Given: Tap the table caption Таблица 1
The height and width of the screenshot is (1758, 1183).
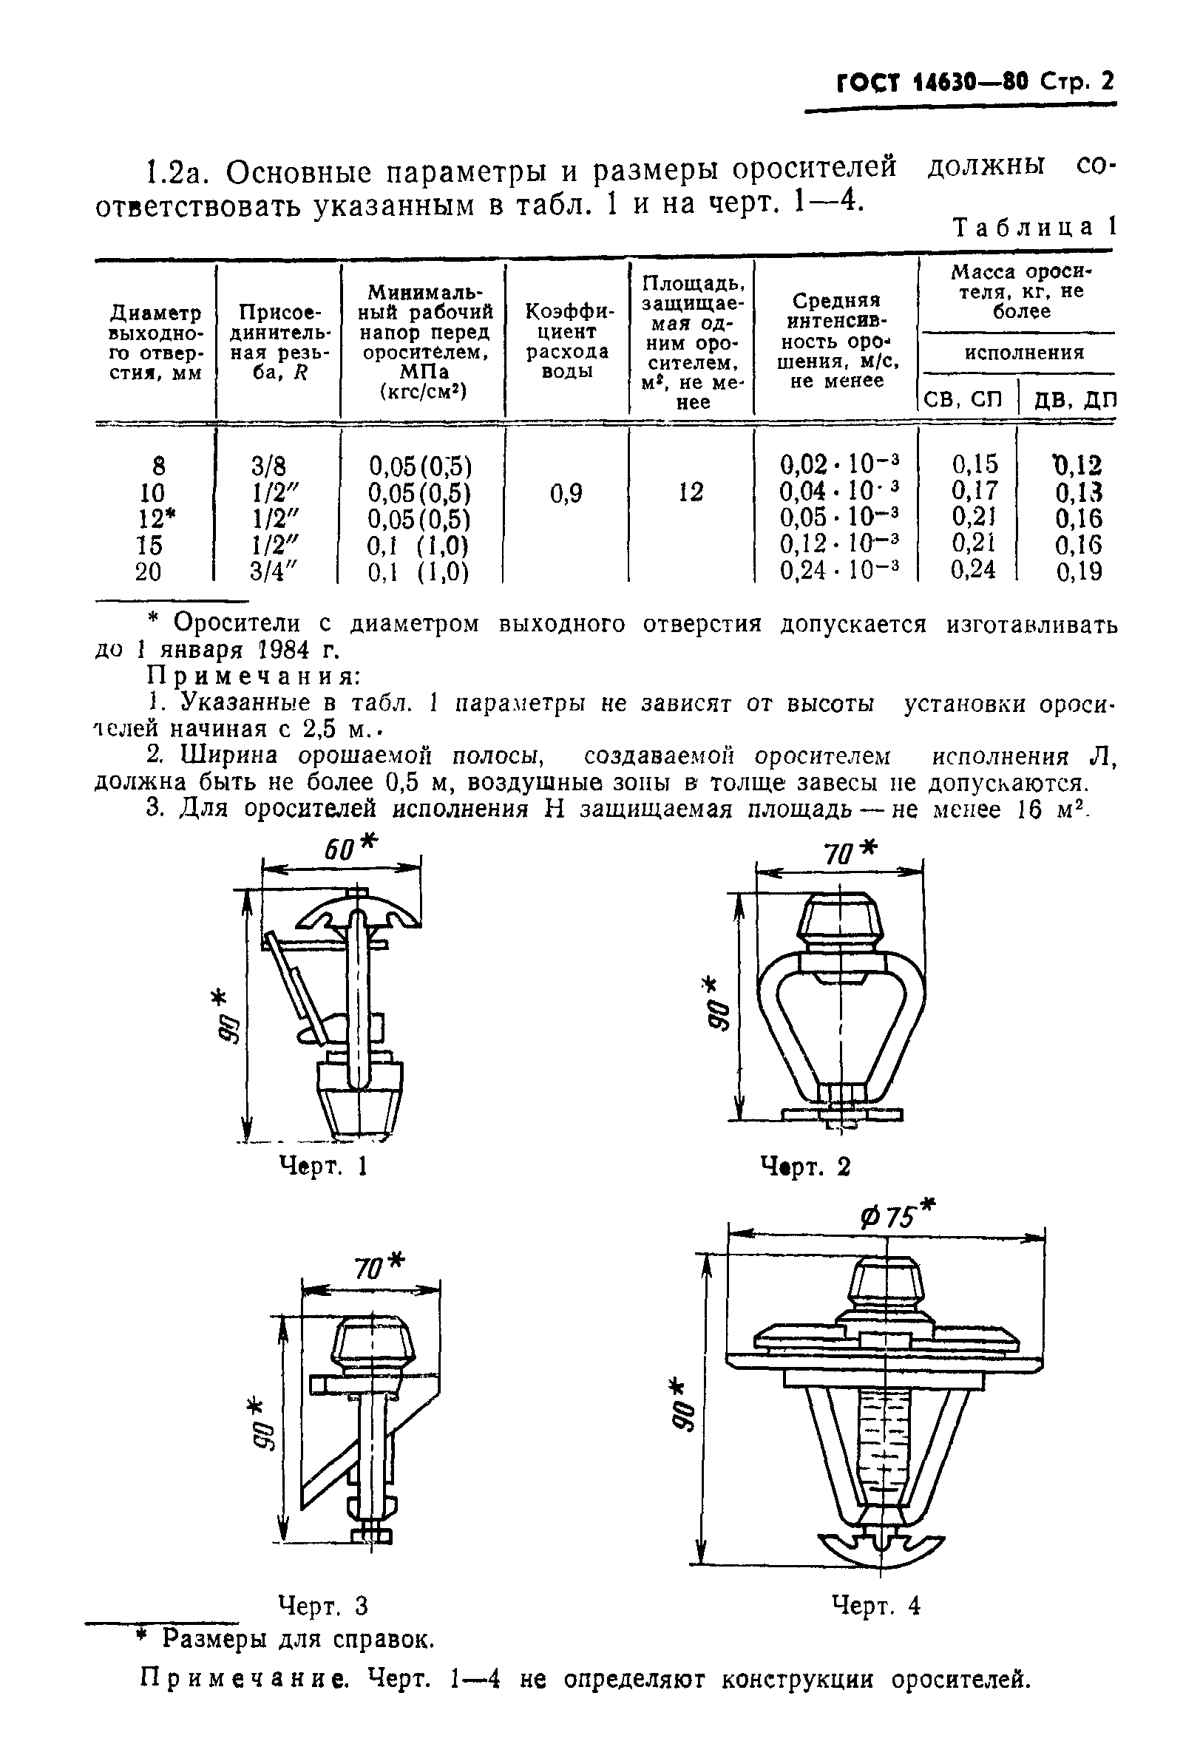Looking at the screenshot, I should tap(1034, 228).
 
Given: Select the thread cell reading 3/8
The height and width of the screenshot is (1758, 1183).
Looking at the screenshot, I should tap(268, 465).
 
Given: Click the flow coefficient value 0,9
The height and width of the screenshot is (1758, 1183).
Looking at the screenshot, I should tap(566, 494).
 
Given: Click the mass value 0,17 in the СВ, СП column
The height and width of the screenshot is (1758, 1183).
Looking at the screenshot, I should tap(974, 492).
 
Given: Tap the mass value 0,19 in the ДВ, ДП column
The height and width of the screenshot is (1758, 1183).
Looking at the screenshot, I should tap(1078, 572).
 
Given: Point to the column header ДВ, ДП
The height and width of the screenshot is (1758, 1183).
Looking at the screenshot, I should tap(1073, 400).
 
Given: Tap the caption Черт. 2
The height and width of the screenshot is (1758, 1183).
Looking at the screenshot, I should tap(805, 1167).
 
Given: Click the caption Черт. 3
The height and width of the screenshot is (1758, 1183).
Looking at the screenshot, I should tap(323, 1606).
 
